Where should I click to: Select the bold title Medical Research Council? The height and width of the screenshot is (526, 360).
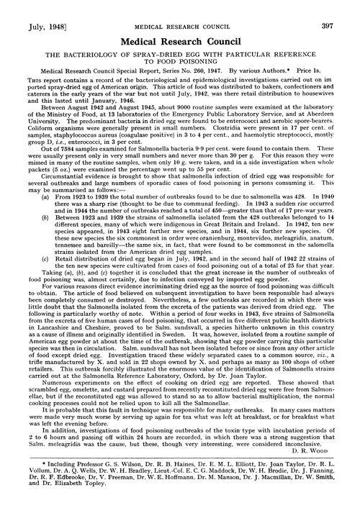tap(180, 23)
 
